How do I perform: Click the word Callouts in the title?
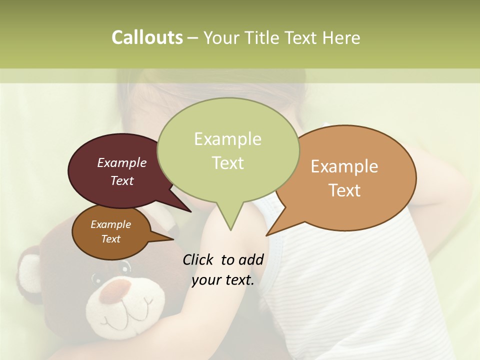[147, 37]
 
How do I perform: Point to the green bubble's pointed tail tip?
[230, 229]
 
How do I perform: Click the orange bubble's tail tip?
[266, 235]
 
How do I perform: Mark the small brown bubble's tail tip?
[173, 239]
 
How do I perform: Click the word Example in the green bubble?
[227, 139]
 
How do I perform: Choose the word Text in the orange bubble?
[344, 190]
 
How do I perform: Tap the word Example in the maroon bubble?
[122, 162]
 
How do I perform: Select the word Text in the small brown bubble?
[111, 239]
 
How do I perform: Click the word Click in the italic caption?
[199, 259]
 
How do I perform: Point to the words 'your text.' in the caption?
[223, 280]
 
